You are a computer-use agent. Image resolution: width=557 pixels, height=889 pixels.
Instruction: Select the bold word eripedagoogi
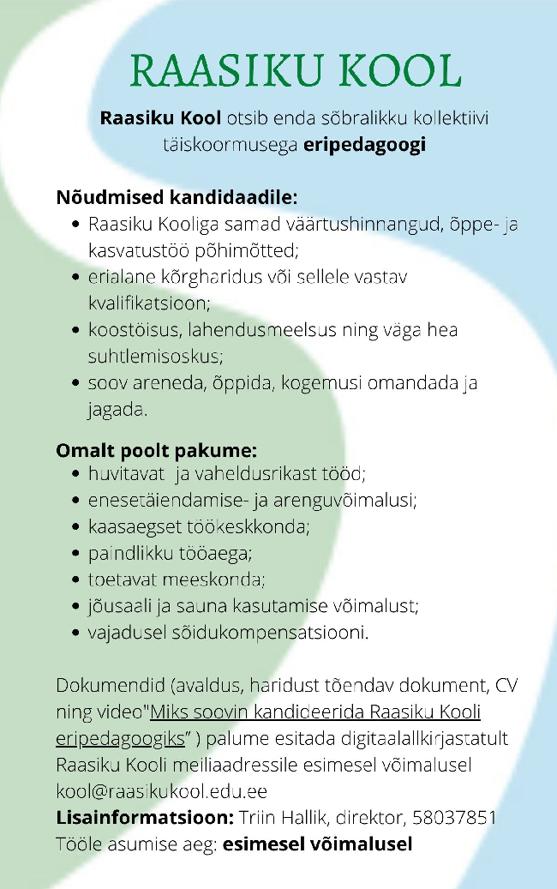coord(364,144)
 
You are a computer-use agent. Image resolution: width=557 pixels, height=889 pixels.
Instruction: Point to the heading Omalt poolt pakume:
coord(157,450)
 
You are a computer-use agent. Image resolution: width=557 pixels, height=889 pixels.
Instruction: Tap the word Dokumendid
coord(109,686)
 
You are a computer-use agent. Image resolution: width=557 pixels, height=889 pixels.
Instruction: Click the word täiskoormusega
coord(229,144)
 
